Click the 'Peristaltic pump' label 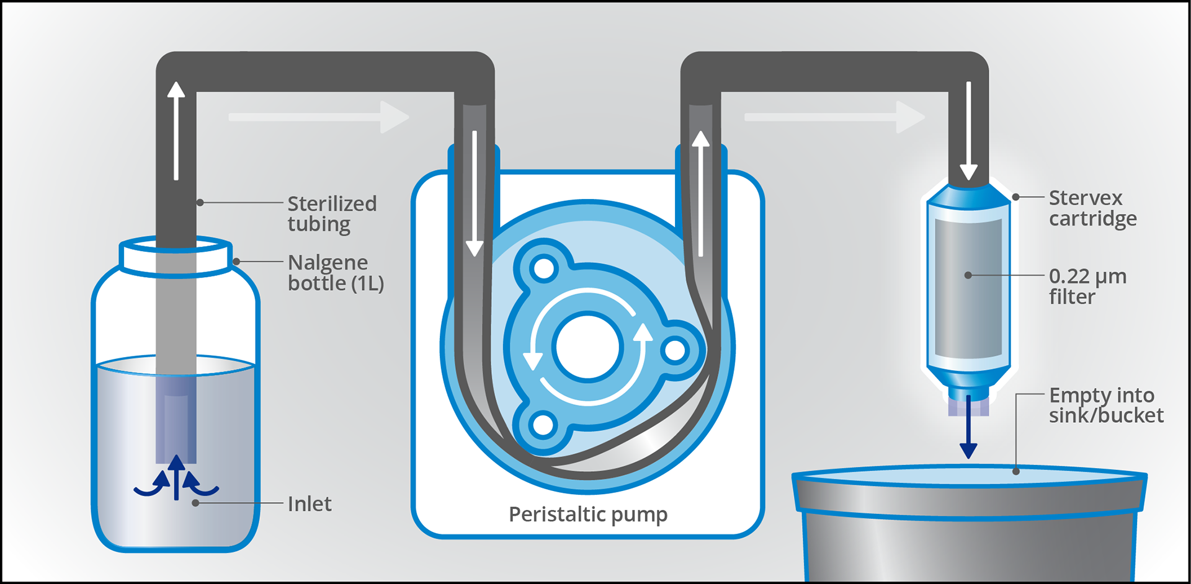point(587,514)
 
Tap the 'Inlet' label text point(309,503)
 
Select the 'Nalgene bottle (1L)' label point(335,273)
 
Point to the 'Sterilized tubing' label point(331,213)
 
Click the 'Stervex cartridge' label point(1092,208)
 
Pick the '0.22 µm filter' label point(1087,286)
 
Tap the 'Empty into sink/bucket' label point(1105,405)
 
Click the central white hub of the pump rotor point(587,348)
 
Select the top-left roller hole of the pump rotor point(544,269)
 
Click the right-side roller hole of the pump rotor point(675,350)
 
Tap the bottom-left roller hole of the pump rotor point(543,425)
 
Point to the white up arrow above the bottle point(176,130)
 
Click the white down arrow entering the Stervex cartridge point(968,130)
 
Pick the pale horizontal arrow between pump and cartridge point(834,117)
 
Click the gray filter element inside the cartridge point(968,288)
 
